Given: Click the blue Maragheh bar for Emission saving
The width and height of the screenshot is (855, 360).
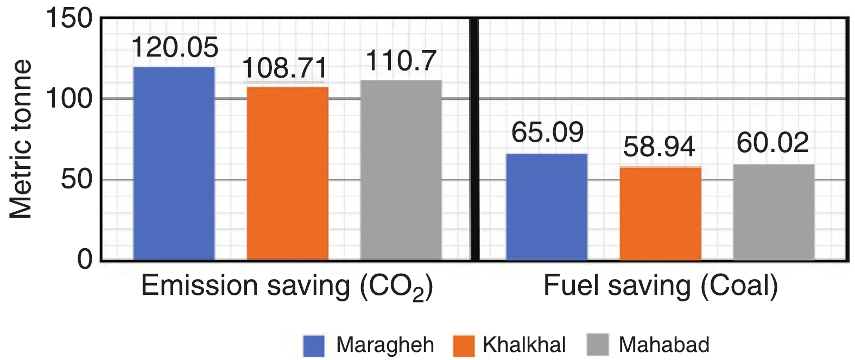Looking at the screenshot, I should (174, 163).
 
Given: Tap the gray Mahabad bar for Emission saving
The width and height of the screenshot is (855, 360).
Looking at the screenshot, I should (401, 170).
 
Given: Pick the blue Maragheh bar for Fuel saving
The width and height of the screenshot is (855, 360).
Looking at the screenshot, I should (547, 207).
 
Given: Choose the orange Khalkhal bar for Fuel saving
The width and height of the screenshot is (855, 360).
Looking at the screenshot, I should (660, 213).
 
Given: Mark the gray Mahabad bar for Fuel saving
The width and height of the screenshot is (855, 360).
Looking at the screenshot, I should (774, 212).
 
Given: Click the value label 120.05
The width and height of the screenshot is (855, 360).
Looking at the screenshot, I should (175, 48).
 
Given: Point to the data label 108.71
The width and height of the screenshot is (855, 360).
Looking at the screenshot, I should (285, 68).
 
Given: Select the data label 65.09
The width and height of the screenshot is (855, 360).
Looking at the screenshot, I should (547, 132).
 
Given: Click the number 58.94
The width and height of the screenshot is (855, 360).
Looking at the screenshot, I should (659, 147).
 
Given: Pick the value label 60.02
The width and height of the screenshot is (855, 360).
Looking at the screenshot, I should (772, 142).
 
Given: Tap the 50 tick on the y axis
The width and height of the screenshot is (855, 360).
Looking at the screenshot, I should (77, 180).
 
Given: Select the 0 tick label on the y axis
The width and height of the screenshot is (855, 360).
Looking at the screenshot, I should (85, 260).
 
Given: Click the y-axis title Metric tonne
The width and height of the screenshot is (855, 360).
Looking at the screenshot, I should (22, 140).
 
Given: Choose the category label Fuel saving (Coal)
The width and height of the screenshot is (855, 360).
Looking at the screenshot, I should (661, 286).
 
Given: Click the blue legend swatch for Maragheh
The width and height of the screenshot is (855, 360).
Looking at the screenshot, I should (314, 345).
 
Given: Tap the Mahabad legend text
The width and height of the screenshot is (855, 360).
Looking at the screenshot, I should (663, 345).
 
